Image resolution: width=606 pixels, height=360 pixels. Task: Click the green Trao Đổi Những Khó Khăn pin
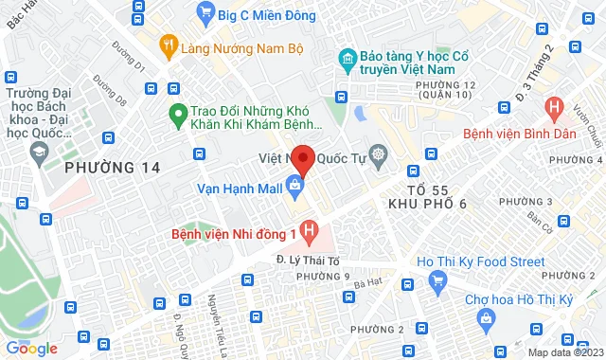175,117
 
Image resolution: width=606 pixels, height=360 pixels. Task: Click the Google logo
31,349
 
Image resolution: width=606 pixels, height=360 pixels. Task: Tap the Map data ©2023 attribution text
563,352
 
